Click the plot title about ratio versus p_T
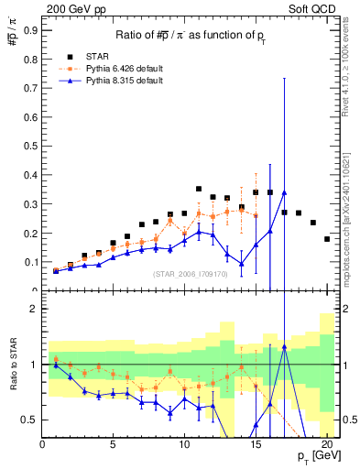click(191, 35)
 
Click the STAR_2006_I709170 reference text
click(191, 274)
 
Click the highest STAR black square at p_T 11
click(199, 189)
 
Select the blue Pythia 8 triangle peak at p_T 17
click(285, 192)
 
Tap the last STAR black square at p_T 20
click(327, 239)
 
